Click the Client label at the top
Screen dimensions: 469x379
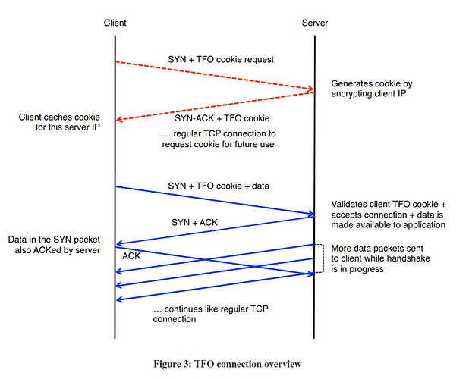(115, 23)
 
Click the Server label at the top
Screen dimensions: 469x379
(315, 23)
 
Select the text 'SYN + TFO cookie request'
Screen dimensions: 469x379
(221, 59)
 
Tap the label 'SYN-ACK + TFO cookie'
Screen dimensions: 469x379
(222, 118)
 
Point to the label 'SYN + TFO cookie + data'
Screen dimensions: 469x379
(219, 186)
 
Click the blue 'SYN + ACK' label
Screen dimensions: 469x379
(194, 222)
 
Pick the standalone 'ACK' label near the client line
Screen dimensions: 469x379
(131, 256)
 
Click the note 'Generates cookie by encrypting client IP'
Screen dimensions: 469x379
(372, 89)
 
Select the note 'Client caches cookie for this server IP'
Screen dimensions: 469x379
(59, 122)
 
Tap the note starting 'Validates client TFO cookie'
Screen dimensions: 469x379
(389, 215)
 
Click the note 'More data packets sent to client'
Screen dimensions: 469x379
(380, 258)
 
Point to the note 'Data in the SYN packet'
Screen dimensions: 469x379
(54, 245)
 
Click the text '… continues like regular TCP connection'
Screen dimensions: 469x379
(210, 314)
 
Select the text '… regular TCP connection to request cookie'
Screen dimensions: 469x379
(219, 139)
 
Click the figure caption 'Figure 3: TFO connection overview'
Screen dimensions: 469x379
(228, 364)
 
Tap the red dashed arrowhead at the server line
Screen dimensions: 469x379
(311, 89)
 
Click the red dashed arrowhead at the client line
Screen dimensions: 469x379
(119, 120)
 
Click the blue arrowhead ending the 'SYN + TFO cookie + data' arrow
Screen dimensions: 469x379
(311, 214)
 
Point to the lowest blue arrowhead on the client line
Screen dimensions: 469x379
(119, 299)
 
